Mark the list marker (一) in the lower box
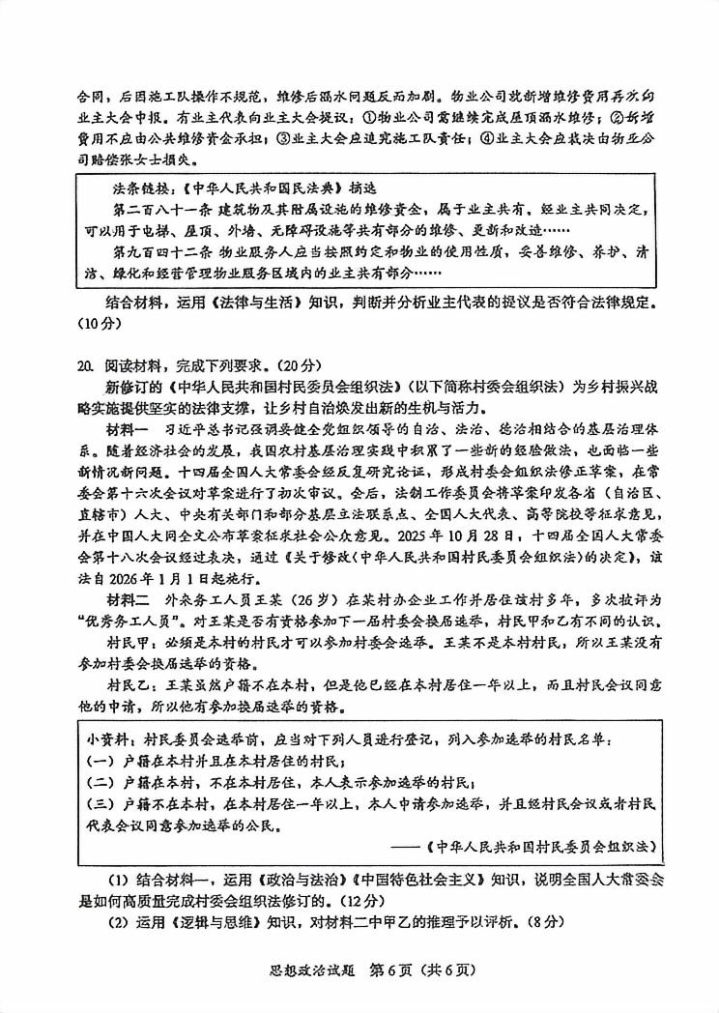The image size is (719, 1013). pos(101,761)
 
